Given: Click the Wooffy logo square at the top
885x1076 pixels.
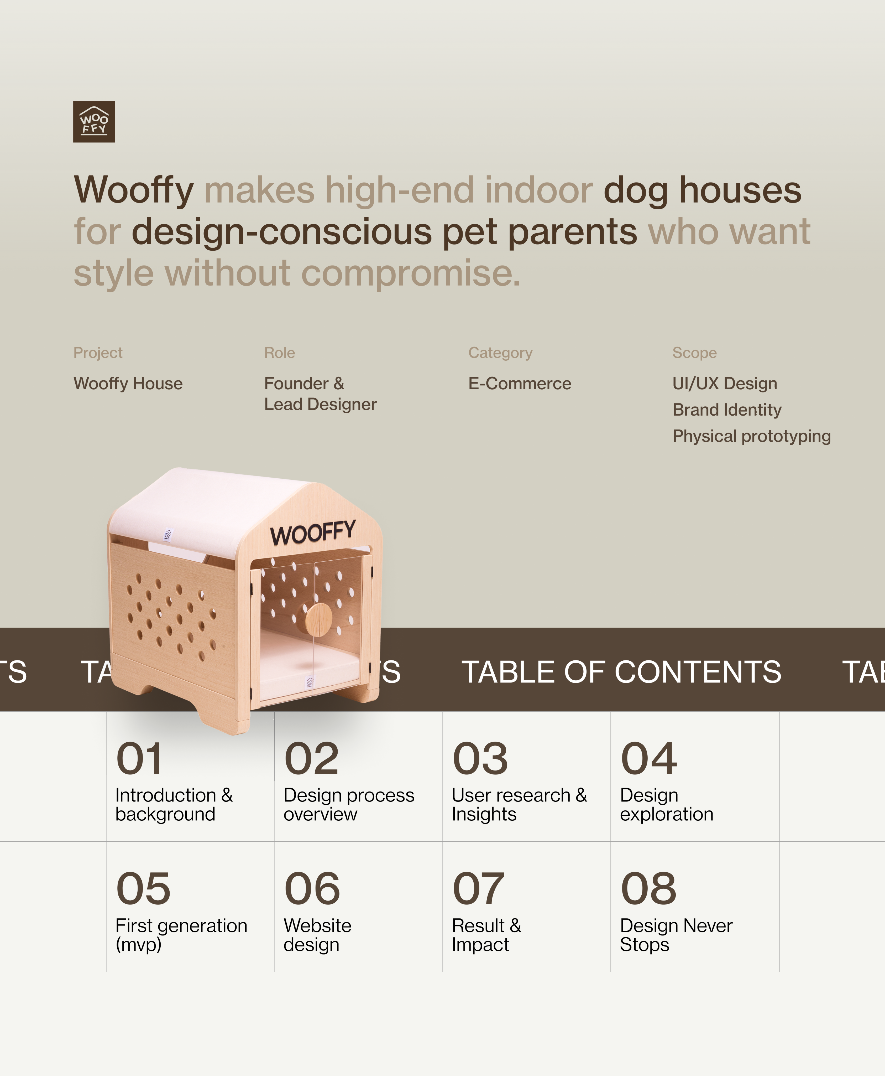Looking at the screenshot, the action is point(94,121).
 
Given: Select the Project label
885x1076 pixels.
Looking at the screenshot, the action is point(98,353).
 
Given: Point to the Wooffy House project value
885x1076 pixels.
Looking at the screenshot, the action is point(128,383).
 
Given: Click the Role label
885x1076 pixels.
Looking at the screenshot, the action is point(279,353).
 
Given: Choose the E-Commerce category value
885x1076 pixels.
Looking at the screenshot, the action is point(520,383).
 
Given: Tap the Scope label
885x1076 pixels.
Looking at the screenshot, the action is point(694,353).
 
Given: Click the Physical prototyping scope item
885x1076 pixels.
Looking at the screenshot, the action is point(751,436).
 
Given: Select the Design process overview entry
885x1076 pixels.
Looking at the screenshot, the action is point(349,805).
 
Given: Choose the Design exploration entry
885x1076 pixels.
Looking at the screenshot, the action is point(666,805).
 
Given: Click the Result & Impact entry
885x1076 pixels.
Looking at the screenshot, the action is point(486,935).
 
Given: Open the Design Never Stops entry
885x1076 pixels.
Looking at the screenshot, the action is point(676,935).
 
